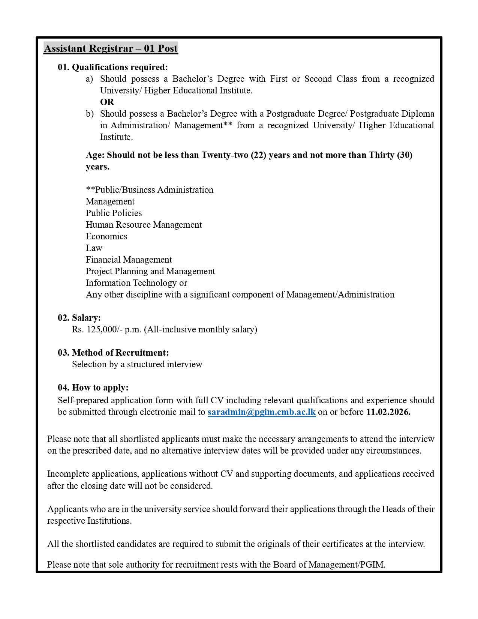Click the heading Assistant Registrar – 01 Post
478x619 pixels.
(x=111, y=48)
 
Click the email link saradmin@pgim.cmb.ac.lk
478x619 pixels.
(x=261, y=412)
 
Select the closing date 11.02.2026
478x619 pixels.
(x=388, y=412)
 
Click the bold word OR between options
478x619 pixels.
(x=107, y=102)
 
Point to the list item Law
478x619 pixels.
(x=94, y=248)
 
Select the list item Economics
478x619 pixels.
(x=106, y=236)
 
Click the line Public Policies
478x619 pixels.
(x=114, y=213)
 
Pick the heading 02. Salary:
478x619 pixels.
(x=79, y=318)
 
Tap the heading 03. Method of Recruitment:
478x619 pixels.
(x=113, y=353)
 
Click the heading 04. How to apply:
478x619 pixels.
(x=93, y=388)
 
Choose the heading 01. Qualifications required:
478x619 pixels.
(x=112, y=67)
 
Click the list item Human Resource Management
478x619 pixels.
(x=144, y=225)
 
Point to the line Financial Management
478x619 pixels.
(x=129, y=260)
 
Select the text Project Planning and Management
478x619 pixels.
(x=150, y=271)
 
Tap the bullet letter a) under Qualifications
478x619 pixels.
(x=89, y=79)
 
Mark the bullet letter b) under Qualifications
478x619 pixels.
(x=89, y=114)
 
